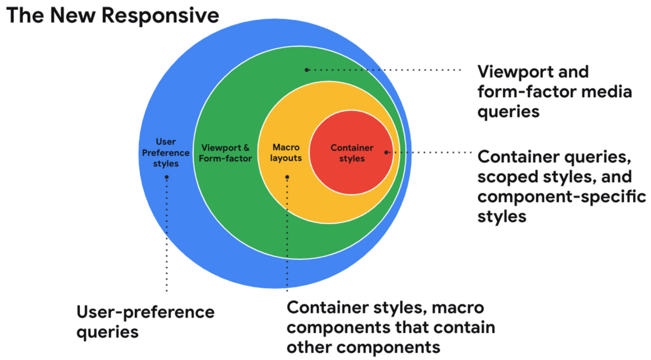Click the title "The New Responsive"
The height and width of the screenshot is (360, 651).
(x=113, y=15)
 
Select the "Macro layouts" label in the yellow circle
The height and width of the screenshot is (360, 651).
(x=286, y=153)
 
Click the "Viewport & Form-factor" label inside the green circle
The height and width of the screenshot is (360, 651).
(x=226, y=153)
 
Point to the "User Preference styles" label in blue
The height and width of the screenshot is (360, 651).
(x=166, y=153)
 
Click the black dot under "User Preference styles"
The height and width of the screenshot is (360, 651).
(x=167, y=177)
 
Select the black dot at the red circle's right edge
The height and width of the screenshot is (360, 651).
(x=386, y=152)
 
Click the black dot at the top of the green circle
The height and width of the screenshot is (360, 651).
(x=307, y=70)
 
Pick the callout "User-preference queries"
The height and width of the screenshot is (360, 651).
(x=145, y=322)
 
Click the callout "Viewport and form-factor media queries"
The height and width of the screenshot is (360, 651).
(x=554, y=91)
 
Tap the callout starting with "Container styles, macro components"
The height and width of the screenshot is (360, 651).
(x=391, y=327)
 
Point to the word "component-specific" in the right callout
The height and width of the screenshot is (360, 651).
(x=561, y=197)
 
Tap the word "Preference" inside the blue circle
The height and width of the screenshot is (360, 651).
(x=166, y=153)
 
